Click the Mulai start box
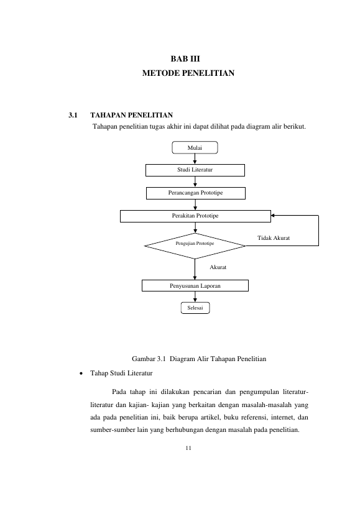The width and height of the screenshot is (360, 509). (x=195, y=147)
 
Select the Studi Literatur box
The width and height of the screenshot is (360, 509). (x=195, y=170)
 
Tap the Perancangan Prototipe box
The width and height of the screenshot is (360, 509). (x=196, y=193)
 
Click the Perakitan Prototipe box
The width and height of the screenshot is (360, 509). (x=195, y=216)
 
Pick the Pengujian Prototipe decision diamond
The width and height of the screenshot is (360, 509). (x=195, y=245)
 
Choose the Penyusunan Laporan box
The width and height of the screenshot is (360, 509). (x=195, y=286)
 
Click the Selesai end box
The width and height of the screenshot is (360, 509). (x=195, y=308)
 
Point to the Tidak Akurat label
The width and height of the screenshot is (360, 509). (x=274, y=238)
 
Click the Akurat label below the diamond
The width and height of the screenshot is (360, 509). (x=218, y=267)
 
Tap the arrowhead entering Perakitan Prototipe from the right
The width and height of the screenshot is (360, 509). (x=273, y=215)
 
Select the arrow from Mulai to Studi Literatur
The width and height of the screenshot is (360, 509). (x=195, y=159)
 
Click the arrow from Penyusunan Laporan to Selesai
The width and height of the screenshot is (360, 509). (x=195, y=296)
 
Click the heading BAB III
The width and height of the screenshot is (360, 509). (x=185, y=59)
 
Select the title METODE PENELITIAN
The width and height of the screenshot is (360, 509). (x=188, y=73)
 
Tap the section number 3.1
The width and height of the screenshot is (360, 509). (x=73, y=115)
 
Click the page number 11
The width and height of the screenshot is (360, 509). (x=188, y=448)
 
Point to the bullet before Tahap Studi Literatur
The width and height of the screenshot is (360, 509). (x=81, y=374)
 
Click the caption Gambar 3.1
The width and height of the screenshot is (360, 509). (x=149, y=359)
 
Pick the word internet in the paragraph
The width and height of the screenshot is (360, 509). (x=282, y=417)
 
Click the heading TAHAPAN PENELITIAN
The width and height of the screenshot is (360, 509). (x=131, y=115)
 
